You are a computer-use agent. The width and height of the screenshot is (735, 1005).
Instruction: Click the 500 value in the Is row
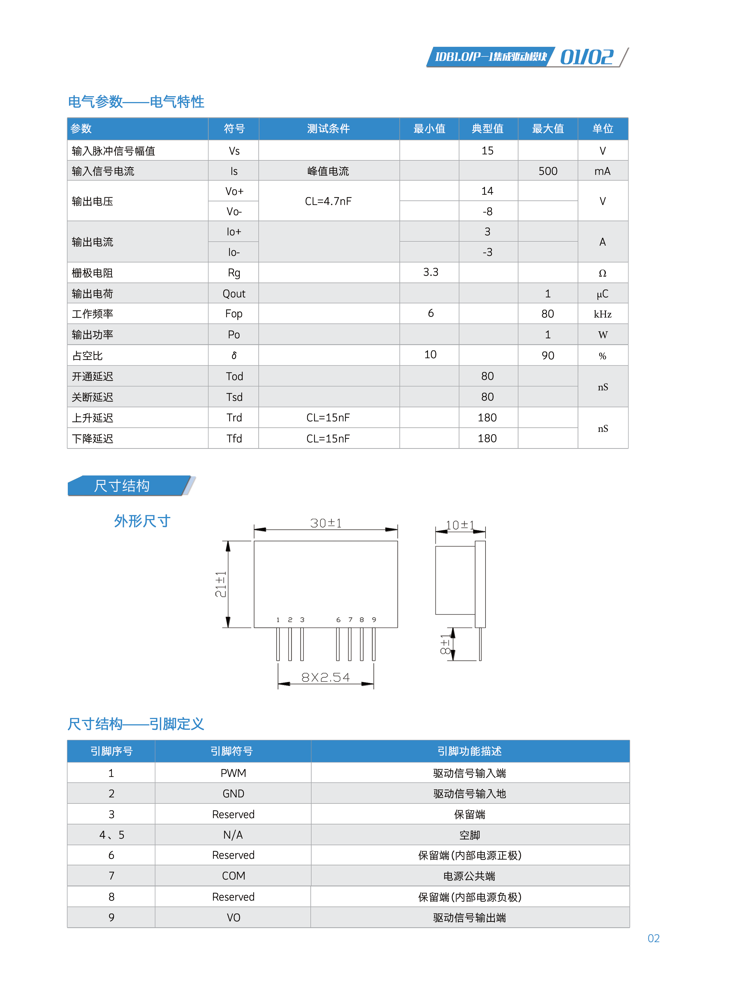548,171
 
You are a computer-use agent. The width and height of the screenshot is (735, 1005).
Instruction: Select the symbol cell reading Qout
234,294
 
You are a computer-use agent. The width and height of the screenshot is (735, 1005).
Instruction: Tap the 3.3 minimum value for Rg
430,272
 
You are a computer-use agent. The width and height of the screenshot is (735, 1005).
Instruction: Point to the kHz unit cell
602,314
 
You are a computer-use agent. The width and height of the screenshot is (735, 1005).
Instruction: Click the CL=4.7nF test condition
328,201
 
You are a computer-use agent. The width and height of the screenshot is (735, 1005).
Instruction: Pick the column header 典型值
488,129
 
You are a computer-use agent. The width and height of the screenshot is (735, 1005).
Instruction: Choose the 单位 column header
602,129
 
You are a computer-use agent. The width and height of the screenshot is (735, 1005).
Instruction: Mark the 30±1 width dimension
326,523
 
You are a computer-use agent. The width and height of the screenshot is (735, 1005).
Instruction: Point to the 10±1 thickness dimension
460,525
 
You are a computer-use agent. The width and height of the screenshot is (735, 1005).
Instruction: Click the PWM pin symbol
233,773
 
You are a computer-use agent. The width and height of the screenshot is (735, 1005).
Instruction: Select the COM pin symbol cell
233,876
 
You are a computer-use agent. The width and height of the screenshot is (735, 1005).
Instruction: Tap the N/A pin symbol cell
233,835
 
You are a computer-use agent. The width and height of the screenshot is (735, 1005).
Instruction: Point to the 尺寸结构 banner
122,485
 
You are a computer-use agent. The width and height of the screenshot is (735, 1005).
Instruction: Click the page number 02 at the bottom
653,938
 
